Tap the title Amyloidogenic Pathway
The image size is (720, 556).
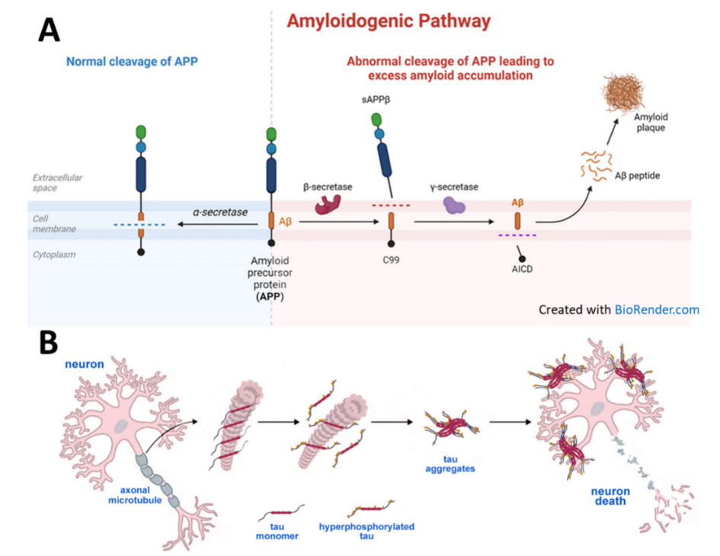pos(388,21)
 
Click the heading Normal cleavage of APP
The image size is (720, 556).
pos(126,61)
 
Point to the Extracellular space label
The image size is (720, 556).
pos(58,182)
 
